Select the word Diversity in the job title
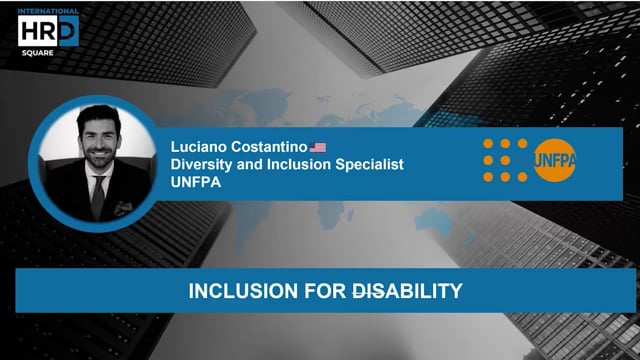(x=203, y=165)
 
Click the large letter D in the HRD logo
(x=64, y=32)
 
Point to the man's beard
(x=96, y=160)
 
